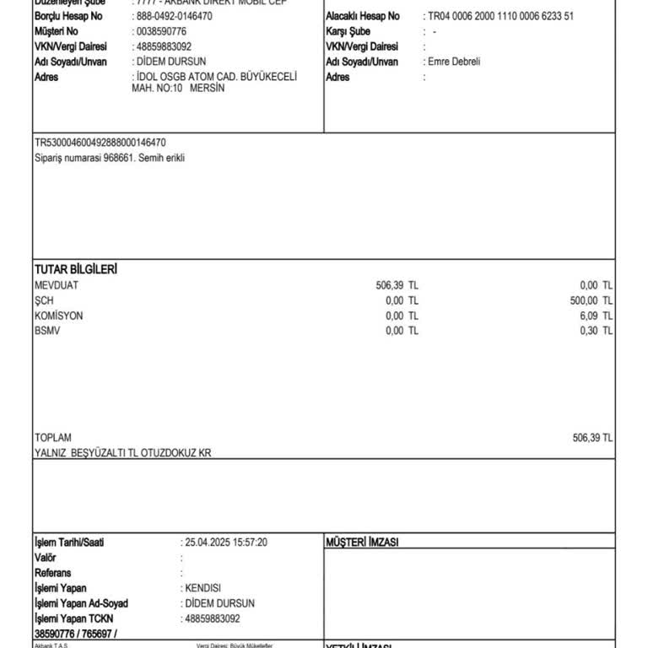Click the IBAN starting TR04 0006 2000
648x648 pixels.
pyautogui.click(x=501, y=17)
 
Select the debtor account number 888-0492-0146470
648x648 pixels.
pyautogui.click(x=175, y=17)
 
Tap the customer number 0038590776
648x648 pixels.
pyautogui.click(x=162, y=32)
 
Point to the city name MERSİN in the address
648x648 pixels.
pyautogui.click(x=208, y=89)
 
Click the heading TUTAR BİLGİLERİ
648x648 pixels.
pyautogui.click(x=76, y=269)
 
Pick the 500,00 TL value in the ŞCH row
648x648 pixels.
pyautogui.click(x=591, y=300)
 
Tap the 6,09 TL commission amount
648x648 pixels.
pyautogui.click(x=596, y=316)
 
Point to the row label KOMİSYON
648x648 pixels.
pyautogui.click(x=59, y=316)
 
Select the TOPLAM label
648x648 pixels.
pyautogui.click(x=53, y=438)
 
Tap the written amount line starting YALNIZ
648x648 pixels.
pyautogui.click(x=122, y=453)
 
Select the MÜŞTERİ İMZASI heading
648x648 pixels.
pyautogui.click(x=362, y=542)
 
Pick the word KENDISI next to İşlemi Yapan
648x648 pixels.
pyautogui.click(x=204, y=588)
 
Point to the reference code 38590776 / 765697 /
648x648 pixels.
pyautogui.click(x=76, y=633)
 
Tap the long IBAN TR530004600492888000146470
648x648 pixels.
pyautogui.click(x=100, y=143)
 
